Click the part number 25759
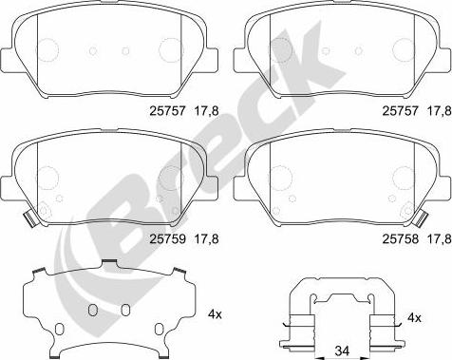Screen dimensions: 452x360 167,238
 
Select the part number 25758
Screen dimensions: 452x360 401,238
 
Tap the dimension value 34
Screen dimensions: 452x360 343,351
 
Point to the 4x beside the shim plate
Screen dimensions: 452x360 216,314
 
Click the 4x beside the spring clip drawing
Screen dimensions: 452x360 414,317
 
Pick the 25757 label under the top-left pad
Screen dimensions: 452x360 167,111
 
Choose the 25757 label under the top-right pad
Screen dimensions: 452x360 401,111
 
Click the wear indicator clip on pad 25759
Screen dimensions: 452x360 31,218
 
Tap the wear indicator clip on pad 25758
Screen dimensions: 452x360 421,218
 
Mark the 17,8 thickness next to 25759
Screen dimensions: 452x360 206,239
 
